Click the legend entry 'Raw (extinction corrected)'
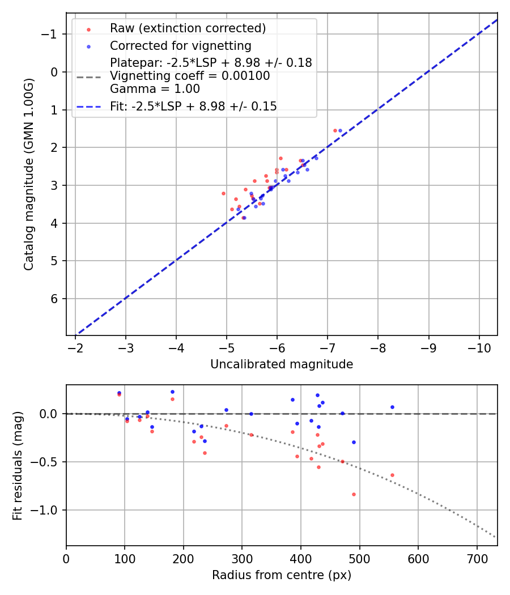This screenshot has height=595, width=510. point(188,28)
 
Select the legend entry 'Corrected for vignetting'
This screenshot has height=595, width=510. point(180,45)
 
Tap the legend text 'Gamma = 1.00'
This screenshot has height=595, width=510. point(155,89)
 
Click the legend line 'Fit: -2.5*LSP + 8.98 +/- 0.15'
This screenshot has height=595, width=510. point(193,106)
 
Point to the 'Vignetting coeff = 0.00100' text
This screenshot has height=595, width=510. point(190,76)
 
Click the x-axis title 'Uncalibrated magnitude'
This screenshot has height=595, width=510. point(282,364)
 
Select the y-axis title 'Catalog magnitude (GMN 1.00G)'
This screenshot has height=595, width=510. point(29,174)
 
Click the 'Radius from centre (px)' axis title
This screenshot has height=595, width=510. point(282,575)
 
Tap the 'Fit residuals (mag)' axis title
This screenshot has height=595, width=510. point(18,466)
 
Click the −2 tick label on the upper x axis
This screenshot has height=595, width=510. point(75,346)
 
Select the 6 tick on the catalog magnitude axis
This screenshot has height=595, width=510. point(54,299)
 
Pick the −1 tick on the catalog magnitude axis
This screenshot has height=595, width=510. point(50,34)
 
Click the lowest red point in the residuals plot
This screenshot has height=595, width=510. point(354,494)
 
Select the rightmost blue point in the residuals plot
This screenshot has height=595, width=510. point(392,407)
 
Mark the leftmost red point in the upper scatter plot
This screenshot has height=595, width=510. point(223,193)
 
